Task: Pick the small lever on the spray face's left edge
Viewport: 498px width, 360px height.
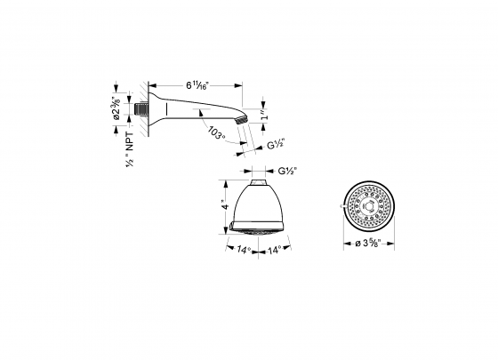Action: [x=343, y=208]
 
